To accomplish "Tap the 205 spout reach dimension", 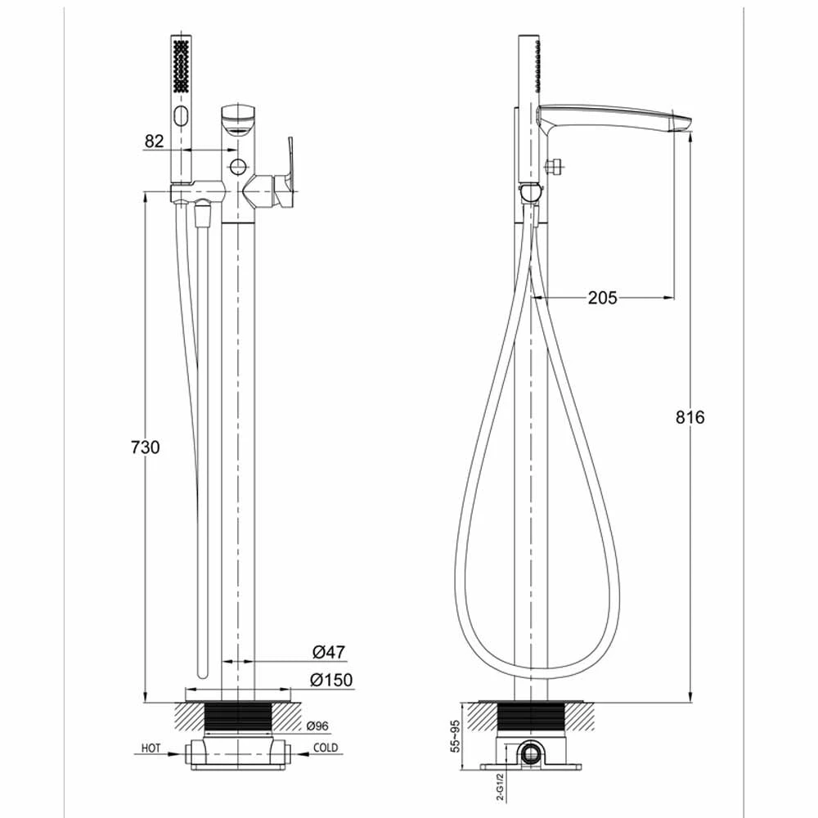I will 603,298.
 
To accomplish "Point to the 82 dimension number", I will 155,141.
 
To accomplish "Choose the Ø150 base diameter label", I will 329,679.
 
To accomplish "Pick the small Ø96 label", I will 317,726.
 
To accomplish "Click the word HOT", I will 150,748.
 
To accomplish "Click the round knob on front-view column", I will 238,167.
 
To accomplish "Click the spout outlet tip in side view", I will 685,124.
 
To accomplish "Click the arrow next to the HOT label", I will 175,748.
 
